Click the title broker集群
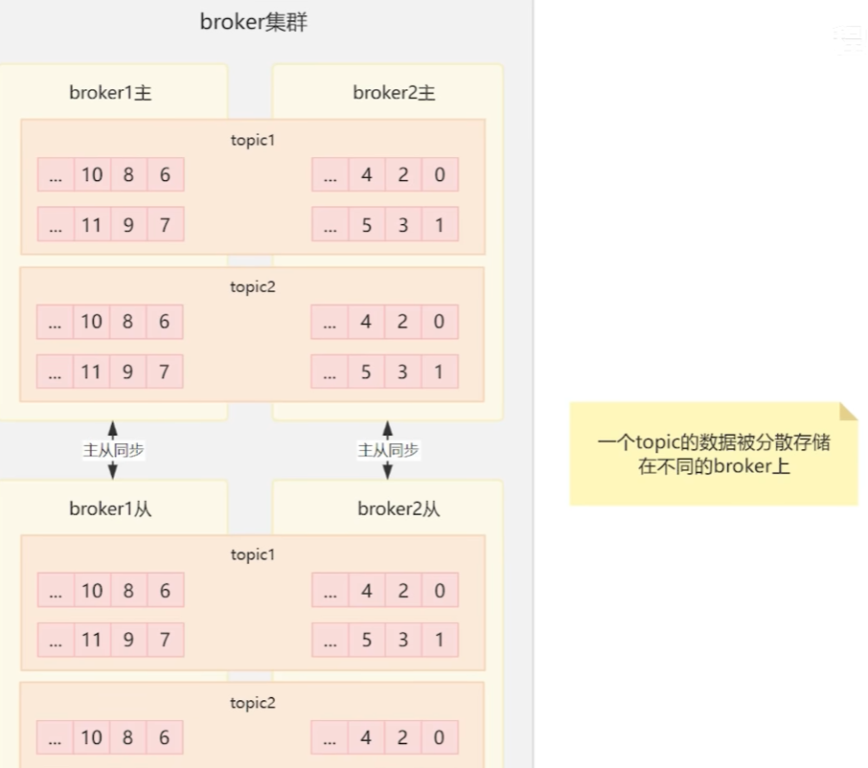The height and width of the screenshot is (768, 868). (x=254, y=22)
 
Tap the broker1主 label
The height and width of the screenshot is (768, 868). (x=110, y=93)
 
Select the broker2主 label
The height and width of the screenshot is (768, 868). (x=394, y=93)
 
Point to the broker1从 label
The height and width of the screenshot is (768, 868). (x=110, y=508)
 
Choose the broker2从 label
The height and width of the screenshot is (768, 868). (x=399, y=508)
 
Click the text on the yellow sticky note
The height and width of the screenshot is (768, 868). (x=714, y=455)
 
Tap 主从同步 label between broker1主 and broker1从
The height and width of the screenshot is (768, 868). (x=113, y=450)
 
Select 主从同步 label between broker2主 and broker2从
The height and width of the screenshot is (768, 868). (x=388, y=450)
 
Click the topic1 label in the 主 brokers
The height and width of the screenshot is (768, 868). (x=253, y=140)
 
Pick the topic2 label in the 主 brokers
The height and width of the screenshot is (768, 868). (x=253, y=286)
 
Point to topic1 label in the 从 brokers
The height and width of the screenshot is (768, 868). (x=253, y=554)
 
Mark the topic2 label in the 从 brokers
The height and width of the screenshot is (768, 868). (x=253, y=703)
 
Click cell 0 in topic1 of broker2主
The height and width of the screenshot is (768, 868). (x=440, y=175)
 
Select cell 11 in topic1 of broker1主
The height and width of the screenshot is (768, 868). (x=92, y=225)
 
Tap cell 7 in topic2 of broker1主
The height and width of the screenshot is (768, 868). (x=165, y=372)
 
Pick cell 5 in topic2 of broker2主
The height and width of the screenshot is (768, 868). (x=367, y=372)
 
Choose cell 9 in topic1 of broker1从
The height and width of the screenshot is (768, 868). (x=128, y=640)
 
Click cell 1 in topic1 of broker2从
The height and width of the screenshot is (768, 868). (x=440, y=640)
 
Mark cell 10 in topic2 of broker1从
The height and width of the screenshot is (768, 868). (x=92, y=737)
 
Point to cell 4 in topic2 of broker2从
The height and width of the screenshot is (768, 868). (x=367, y=737)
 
